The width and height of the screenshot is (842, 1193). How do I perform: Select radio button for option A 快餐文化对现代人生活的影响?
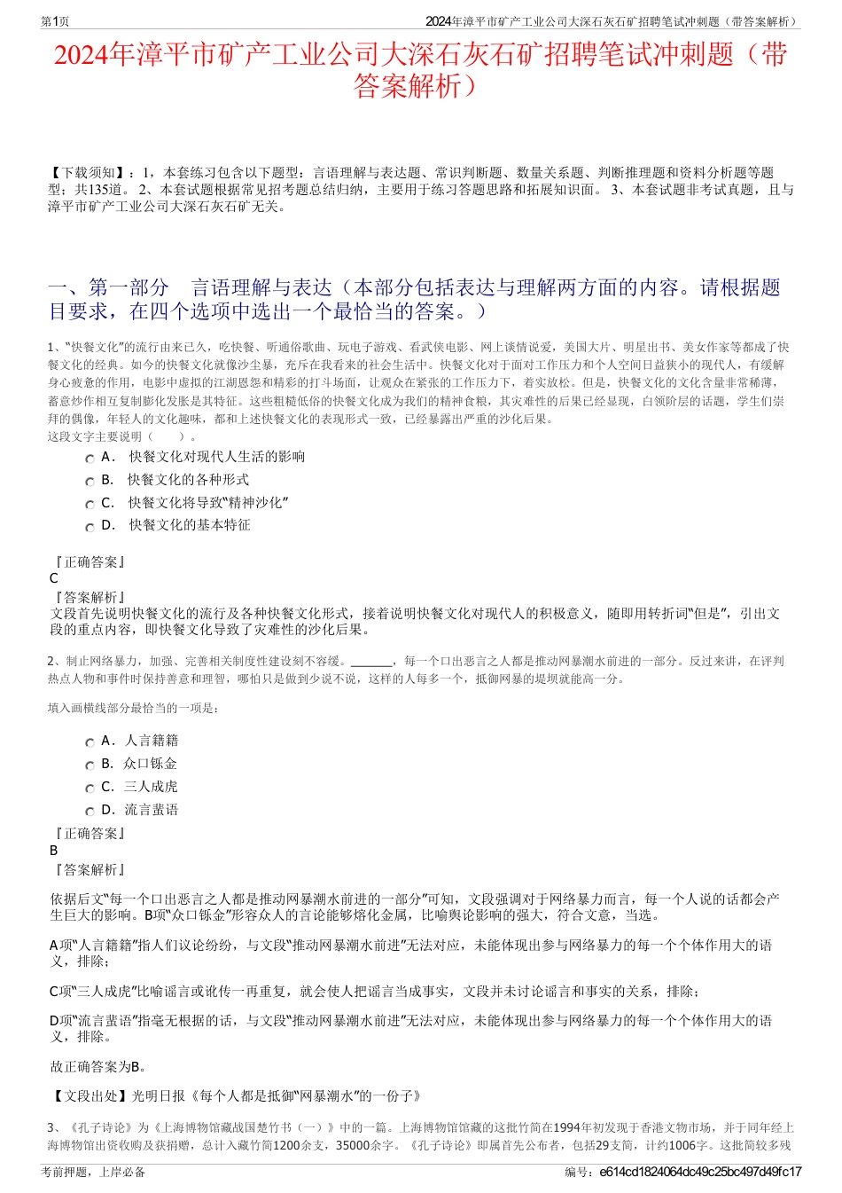[x=90, y=459]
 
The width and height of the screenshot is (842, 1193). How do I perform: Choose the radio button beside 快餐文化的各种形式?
[x=90, y=482]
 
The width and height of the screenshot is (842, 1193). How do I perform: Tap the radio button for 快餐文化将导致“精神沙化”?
[x=90, y=505]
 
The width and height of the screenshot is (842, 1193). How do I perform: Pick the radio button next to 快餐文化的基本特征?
[x=90, y=527]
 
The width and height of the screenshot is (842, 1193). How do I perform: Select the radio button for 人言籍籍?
[x=90, y=742]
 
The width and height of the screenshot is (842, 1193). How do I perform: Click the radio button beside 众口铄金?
[x=90, y=765]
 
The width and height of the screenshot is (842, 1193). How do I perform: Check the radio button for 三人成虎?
[x=90, y=789]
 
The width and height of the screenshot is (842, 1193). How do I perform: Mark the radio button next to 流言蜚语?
[x=90, y=812]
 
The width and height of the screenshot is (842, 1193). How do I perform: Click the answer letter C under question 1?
[x=54, y=578]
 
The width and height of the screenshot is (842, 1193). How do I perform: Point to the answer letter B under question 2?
[x=54, y=850]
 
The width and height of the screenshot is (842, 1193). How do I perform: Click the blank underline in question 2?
[x=371, y=662]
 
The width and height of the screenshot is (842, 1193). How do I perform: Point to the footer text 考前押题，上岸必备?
[x=93, y=1173]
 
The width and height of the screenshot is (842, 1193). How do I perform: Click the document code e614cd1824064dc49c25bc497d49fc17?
[x=700, y=1173]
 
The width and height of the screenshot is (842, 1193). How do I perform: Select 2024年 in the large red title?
[x=95, y=55]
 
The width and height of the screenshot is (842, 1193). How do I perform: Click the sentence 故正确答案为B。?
[x=99, y=1067]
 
